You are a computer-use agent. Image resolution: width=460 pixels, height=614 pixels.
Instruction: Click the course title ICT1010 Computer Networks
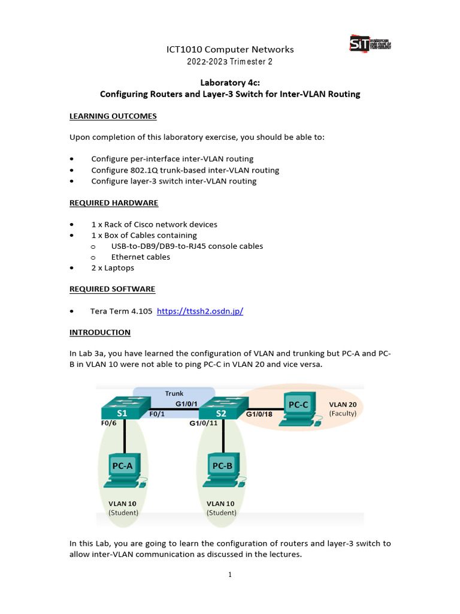(230, 49)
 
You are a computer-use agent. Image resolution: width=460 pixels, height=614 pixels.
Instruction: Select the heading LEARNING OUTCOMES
(113, 116)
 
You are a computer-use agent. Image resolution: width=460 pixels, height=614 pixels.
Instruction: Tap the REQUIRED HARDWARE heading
(114, 203)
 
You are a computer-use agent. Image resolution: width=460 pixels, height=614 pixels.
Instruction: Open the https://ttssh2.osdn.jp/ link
(199, 311)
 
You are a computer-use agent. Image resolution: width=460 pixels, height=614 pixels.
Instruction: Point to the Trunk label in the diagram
(174, 393)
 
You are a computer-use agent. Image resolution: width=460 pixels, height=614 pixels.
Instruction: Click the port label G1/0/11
(204, 423)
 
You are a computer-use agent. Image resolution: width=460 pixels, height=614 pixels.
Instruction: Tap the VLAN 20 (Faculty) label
(343, 409)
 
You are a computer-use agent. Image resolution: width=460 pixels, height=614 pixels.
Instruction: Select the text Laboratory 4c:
(230, 83)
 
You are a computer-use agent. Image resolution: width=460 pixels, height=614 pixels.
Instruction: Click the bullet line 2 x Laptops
(113, 267)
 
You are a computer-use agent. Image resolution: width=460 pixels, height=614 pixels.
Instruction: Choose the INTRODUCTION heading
(100, 332)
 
